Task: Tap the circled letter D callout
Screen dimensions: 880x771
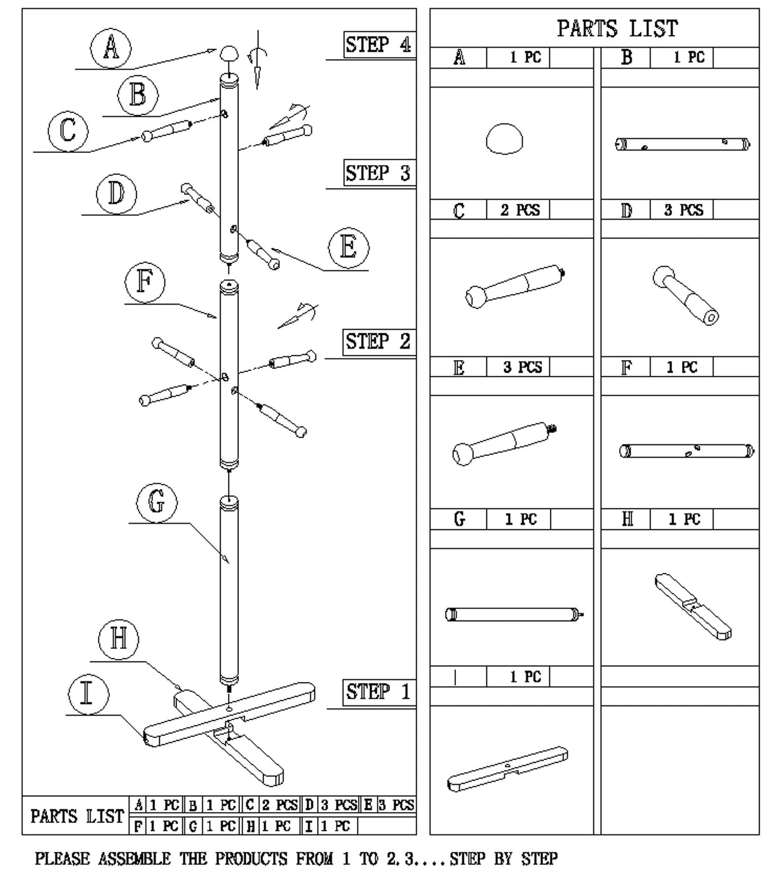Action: [116, 193]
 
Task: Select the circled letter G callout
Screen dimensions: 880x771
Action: [156, 502]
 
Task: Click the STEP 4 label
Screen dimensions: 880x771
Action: [378, 45]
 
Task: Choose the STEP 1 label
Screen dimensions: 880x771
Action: [378, 691]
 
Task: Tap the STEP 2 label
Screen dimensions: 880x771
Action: [378, 342]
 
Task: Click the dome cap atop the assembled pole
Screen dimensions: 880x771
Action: [229, 53]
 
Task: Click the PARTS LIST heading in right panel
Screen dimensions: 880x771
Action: [617, 29]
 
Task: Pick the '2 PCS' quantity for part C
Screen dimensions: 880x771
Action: [520, 210]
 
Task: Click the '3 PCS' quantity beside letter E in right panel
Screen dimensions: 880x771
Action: [523, 368]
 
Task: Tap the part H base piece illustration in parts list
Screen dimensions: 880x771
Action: [692, 606]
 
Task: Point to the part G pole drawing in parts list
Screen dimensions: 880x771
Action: [514, 614]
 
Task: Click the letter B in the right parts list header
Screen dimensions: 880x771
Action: [626, 58]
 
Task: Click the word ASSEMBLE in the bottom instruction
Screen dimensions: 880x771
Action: [134, 859]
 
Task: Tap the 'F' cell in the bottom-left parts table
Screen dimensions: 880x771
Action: [138, 826]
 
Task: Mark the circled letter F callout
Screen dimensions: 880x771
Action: [144, 282]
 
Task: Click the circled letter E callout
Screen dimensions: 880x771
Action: [349, 247]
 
